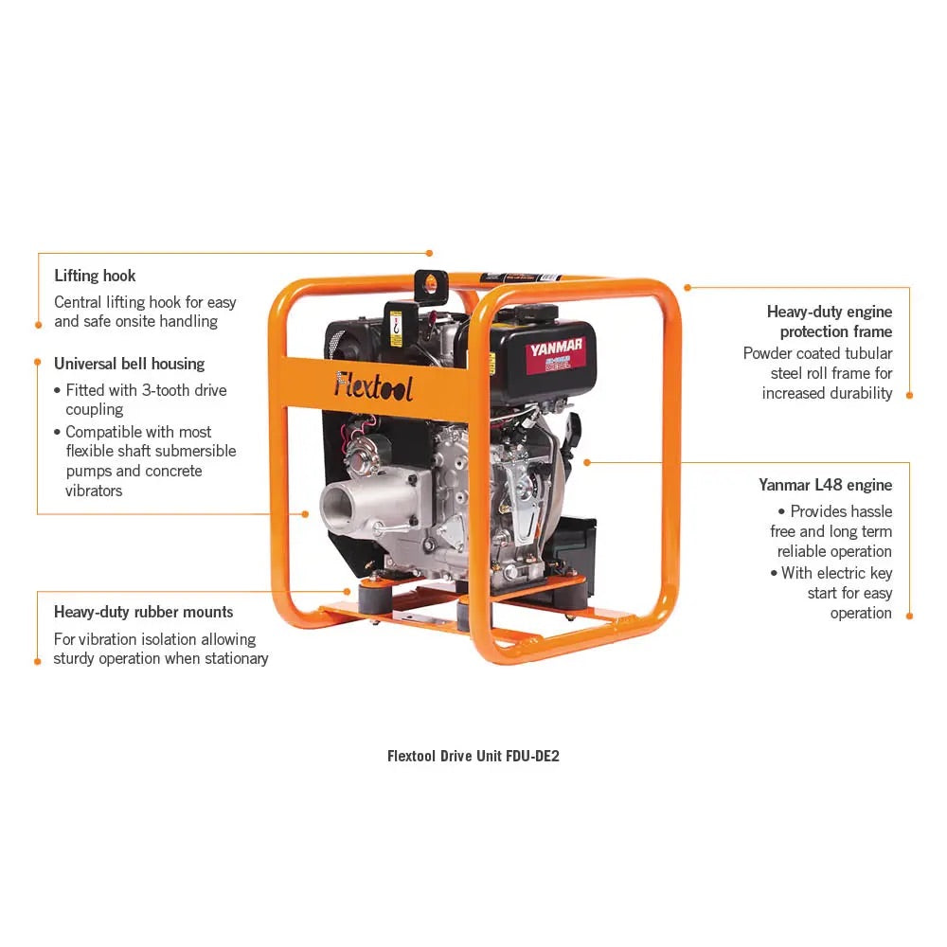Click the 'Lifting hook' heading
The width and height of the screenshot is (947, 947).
tap(95, 276)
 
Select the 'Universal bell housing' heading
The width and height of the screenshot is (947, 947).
tap(129, 364)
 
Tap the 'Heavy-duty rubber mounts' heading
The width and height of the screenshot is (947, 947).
tap(143, 612)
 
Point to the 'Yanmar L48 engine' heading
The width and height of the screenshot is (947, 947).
tap(825, 485)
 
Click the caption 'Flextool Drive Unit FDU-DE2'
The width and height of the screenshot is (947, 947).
tap(480, 757)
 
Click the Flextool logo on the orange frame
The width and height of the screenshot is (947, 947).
tap(373, 384)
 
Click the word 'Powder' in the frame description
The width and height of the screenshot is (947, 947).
tap(770, 353)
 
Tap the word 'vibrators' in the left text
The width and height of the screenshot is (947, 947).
tap(94, 491)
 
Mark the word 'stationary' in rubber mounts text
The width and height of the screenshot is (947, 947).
tap(235, 658)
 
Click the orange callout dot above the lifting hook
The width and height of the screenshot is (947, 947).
tap(429, 253)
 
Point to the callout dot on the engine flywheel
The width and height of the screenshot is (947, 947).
tap(587, 462)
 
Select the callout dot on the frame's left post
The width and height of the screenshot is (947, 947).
tap(305, 514)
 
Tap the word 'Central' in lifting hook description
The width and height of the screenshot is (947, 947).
tap(80, 302)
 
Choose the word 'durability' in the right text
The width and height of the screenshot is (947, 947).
tap(861, 393)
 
